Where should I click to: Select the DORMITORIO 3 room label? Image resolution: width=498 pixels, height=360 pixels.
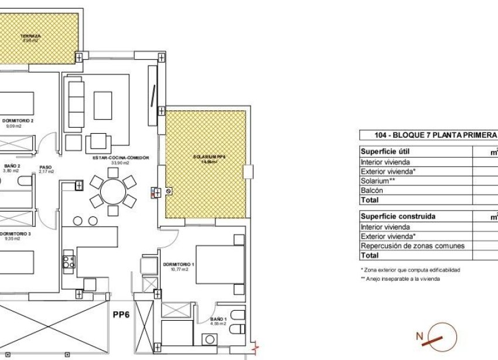click(14, 233)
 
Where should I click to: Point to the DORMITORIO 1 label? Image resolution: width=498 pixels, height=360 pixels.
click(176, 264)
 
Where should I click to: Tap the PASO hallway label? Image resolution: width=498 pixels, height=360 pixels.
click(46, 167)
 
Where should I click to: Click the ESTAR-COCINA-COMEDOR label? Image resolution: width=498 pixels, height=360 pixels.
click(117, 158)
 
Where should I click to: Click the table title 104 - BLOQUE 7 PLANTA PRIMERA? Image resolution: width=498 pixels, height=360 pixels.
click(427, 135)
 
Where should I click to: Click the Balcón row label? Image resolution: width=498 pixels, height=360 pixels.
click(372, 191)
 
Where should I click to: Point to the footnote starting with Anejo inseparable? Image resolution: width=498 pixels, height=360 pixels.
click(404, 279)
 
